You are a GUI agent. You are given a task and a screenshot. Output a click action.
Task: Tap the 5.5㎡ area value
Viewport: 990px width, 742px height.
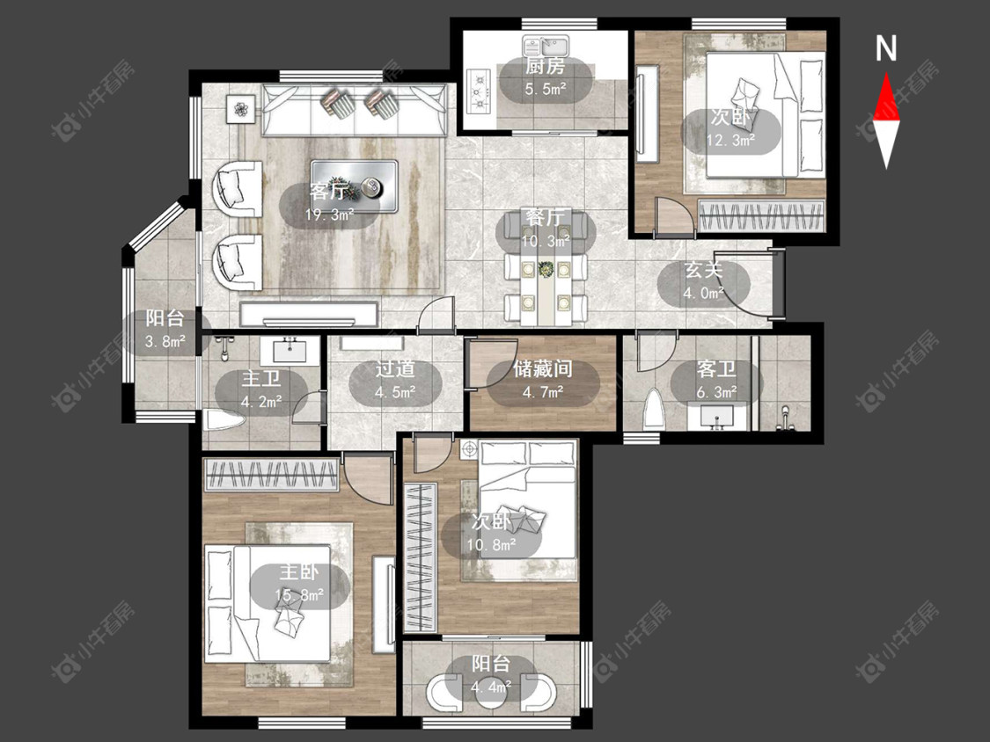546,89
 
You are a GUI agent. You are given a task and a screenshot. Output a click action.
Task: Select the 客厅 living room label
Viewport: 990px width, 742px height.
329,191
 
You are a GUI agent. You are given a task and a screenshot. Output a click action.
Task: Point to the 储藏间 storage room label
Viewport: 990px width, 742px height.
542,369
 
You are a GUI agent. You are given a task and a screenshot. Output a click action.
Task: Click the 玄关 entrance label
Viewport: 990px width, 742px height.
704,270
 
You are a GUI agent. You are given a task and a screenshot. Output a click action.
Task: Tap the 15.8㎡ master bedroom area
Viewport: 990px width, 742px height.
299,595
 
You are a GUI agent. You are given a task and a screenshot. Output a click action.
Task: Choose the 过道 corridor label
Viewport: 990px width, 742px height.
394,369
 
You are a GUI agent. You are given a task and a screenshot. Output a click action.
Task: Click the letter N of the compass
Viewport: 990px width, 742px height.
886,48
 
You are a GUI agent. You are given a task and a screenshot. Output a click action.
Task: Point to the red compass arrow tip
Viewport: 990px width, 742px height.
886,73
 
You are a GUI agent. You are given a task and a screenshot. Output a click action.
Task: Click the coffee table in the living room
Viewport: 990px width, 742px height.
355,185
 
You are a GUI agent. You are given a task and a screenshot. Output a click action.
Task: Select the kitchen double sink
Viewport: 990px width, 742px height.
546,46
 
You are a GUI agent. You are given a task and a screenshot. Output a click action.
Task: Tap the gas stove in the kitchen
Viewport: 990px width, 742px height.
480,91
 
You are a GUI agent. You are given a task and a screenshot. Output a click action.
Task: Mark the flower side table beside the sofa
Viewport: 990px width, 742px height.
240,110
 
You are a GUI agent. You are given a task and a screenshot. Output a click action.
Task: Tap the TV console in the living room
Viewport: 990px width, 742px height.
310,314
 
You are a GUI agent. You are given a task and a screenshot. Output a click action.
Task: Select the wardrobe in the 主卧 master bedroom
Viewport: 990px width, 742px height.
272,475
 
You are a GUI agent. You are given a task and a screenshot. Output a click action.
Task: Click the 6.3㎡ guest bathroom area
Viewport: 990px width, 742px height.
716,392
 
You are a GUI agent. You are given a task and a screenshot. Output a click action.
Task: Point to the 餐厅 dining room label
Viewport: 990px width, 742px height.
545,218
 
